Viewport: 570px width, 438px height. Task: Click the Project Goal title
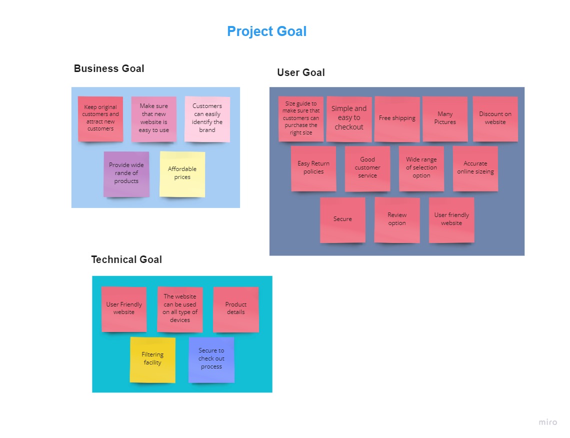267,31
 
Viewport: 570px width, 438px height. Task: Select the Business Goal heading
109,68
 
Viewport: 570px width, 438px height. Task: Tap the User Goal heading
301,72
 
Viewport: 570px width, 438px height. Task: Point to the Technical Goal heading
126,259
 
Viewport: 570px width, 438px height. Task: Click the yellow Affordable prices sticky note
182,174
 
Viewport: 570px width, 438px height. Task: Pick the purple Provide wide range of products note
126,174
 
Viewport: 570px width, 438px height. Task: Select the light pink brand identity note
207,119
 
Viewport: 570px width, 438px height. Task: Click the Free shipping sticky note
397,119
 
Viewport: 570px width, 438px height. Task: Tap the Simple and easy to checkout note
349,119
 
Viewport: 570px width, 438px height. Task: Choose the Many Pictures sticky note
445,119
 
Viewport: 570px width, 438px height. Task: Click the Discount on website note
495,119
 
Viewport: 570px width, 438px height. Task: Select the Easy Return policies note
313,168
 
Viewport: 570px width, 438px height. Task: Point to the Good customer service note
367,168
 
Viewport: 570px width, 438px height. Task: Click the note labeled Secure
343,220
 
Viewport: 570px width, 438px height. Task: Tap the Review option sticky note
397,220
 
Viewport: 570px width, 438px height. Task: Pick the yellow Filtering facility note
152,360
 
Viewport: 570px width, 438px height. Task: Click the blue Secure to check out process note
211,360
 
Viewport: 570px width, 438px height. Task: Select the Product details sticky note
236,309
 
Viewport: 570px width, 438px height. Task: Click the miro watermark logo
548,422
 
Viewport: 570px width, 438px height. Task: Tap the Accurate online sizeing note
475,168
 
